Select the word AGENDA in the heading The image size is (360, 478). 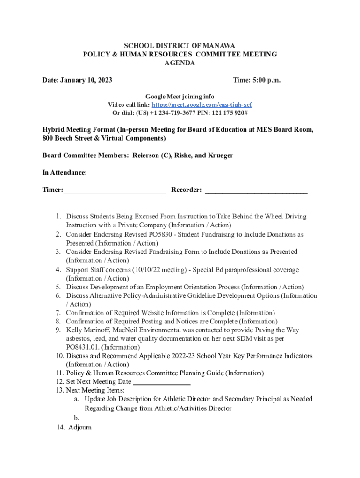click(180, 63)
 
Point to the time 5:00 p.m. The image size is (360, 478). click(266, 80)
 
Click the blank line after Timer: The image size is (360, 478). click(115, 190)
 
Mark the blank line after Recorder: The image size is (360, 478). click(256, 190)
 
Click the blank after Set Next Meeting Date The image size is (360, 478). click(162, 382)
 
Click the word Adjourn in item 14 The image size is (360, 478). click(80, 428)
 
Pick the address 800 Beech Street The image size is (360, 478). click(68, 138)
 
